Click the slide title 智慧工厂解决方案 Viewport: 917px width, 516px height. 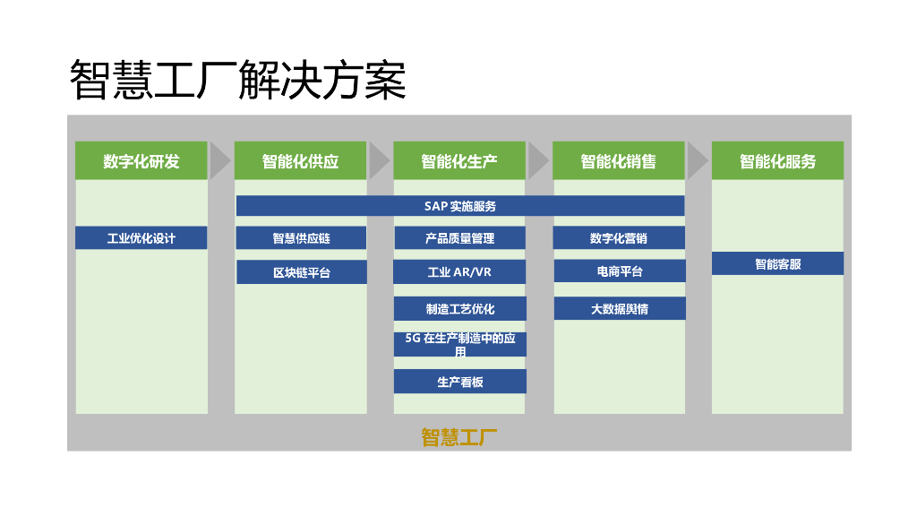[x=238, y=81]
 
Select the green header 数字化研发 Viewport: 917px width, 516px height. [x=141, y=161]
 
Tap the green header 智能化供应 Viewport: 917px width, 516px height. [x=301, y=161]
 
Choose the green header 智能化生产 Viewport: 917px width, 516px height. [x=459, y=161]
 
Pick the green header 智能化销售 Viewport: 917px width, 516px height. [x=619, y=161]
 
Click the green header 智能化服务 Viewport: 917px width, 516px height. [x=777, y=161]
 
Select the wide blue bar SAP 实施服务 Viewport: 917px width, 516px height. [x=460, y=206]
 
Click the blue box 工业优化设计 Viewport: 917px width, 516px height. [x=141, y=238]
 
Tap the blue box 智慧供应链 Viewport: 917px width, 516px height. [x=301, y=238]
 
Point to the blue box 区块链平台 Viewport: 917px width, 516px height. [x=301, y=272]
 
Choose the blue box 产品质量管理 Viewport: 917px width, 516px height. [x=459, y=238]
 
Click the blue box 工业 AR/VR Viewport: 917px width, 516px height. [x=459, y=272]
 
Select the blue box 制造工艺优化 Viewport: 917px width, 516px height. [x=459, y=309]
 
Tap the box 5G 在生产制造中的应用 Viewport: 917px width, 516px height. [x=459, y=345]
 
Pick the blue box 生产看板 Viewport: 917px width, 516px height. [x=459, y=382]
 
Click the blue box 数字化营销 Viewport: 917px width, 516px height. [x=619, y=238]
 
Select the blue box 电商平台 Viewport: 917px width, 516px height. [x=619, y=271]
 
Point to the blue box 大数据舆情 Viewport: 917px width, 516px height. [x=619, y=309]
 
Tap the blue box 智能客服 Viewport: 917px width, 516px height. [x=777, y=264]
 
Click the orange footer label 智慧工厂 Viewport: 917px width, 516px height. [x=459, y=437]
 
